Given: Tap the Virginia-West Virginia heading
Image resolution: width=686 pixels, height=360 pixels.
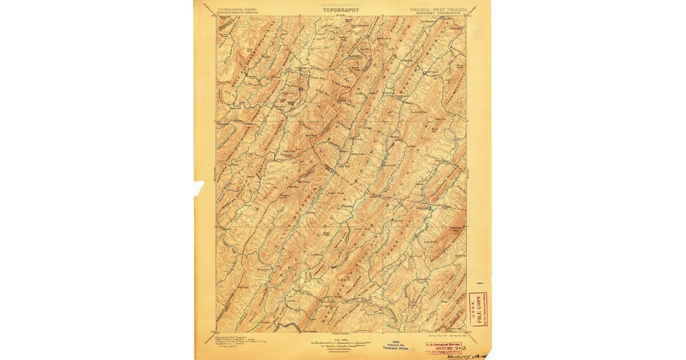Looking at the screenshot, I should coord(438,9).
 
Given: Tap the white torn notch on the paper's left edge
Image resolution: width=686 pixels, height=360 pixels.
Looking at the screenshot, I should coord(197,187).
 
